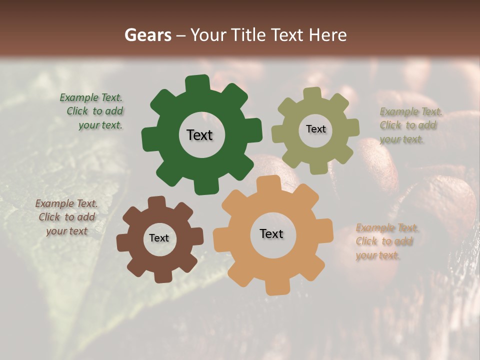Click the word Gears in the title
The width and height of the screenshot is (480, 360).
pos(148,35)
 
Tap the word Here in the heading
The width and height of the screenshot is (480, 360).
pos(328,35)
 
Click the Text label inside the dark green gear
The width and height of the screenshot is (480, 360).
pos(199,135)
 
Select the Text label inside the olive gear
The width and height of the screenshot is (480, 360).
pos(315,129)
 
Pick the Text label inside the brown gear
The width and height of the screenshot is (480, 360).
pos(159,238)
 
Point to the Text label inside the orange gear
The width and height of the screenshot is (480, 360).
pos(271,234)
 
